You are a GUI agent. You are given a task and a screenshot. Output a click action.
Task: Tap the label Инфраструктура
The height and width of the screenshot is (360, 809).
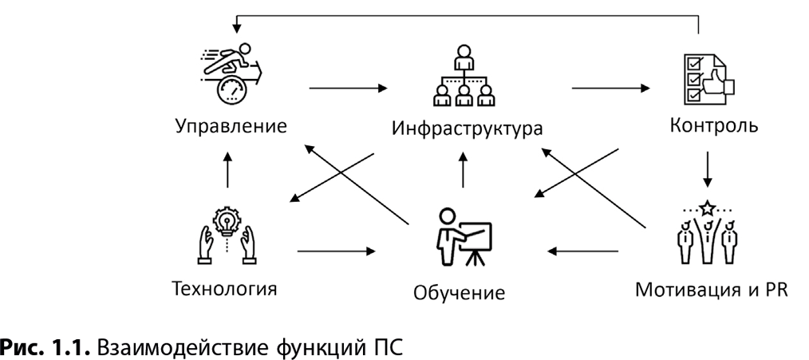coord(462,129)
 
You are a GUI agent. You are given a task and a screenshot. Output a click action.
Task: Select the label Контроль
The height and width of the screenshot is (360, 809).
coord(708,125)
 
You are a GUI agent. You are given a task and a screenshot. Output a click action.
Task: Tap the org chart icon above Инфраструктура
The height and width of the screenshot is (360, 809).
coord(463,77)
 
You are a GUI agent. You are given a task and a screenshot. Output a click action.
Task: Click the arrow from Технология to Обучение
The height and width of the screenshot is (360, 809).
coord(335,251)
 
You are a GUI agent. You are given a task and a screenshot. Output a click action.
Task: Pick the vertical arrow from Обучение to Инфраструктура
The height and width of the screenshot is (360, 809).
coord(463,171)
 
